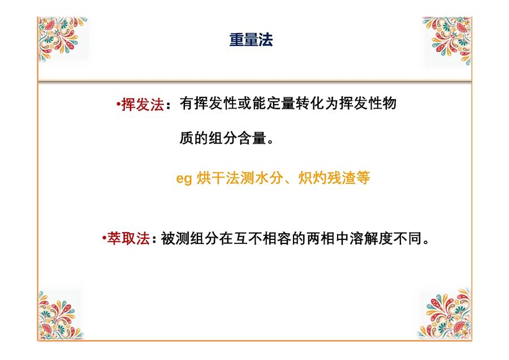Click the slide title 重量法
pyautogui.click(x=251, y=40)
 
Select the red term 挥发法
pyautogui.click(x=143, y=105)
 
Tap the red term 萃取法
pyautogui.click(x=128, y=238)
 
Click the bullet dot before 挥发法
pyautogui.click(x=118, y=104)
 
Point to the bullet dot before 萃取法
pyautogui.click(x=104, y=238)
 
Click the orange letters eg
pyautogui.click(x=184, y=179)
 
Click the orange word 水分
pyautogui.click(x=269, y=178)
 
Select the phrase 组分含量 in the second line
pyautogui.click(x=238, y=138)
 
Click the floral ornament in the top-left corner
pyautogui.click(x=62, y=38)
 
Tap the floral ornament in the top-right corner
pyautogui.click(x=447, y=40)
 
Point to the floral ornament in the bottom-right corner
pyautogui.click(x=445, y=314)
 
